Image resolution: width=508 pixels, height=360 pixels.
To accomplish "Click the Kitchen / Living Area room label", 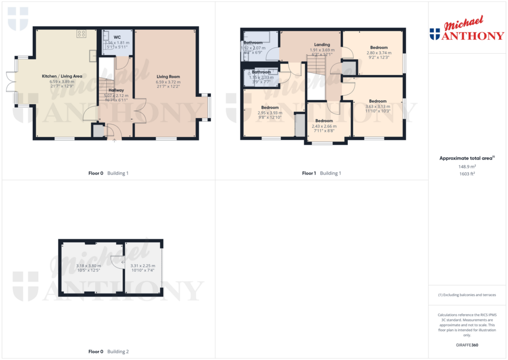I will pyautogui.click(x=62, y=76).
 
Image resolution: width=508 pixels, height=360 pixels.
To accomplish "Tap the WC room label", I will pyautogui.click(x=117, y=37).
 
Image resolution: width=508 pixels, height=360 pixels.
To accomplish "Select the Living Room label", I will pyautogui.click(x=168, y=76).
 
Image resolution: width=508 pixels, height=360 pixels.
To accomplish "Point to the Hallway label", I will pyautogui.click(x=116, y=90).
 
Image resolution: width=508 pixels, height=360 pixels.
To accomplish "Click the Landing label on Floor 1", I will pyautogui.click(x=322, y=45).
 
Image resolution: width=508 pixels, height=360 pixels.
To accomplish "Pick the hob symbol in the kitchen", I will pyautogui.click(x=81, y=34).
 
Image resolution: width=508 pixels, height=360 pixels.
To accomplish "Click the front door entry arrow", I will pyautogui.click(x=115, y=141).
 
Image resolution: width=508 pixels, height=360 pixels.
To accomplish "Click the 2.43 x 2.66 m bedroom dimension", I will pyautogui.click(x=324, y=126).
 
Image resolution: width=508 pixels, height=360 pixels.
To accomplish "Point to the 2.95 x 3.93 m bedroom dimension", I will pyautogui.click(x=270, y=113).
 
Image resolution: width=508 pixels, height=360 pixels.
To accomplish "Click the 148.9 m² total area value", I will pyautogui.click(x=466, y=167).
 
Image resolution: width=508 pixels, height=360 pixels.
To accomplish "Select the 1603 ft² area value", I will pyautogui.click(x=466, y=174).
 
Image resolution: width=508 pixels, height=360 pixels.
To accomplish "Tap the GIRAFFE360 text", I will pyautogui.click(x=466, y=345).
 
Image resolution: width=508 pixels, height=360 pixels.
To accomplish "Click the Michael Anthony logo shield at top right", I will pyautogui.click(x=435, y=34).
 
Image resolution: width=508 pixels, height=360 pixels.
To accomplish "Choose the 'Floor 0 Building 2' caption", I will pyautogui.click(x=108, y=352).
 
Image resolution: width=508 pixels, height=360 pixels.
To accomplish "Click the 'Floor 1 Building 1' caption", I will pyautogui.click(x=321, y=173).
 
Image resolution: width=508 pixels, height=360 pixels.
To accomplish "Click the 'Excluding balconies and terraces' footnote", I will pyautogui.click(x=466, y=295).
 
